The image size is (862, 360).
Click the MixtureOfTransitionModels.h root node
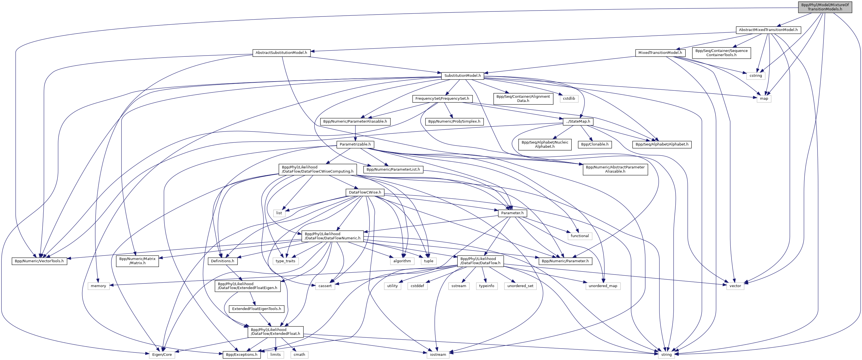click(x=825, y=7)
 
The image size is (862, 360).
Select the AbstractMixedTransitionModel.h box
click(x=768, y=30)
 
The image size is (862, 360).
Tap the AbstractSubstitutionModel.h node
click(x=281, y=53)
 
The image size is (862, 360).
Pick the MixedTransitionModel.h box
click(x=660, y=53)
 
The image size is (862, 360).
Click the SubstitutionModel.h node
click(x=462, y=76)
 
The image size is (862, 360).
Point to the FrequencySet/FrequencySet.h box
click(x=442, y=99)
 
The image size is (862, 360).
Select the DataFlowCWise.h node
click(x=365, y=192)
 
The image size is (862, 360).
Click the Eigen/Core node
click(x=162, y=355)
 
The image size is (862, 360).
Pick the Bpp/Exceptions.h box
click(x=242, y=355)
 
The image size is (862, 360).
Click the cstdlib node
click(x=569, y=99)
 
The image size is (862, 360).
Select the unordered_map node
click(x=603, y=286)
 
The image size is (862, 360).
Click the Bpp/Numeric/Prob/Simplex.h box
click(x=454, y=121)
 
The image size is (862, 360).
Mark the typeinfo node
click(x=486, y=286)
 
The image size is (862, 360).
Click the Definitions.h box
click(x=222, y=261)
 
